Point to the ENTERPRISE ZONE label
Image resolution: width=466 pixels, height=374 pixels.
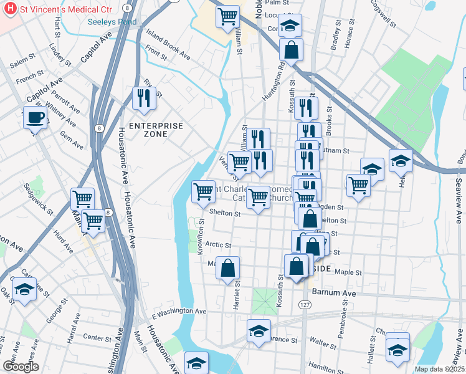pyautogui.click(x=156, y=130)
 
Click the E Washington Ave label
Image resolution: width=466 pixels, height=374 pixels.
pyautogui.click(x=178, y=311)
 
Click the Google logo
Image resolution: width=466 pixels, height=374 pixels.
pyautogui.click(x=21, y=367)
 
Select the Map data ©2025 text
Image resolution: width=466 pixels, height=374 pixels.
pyautogui.click(x=439, y=369)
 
